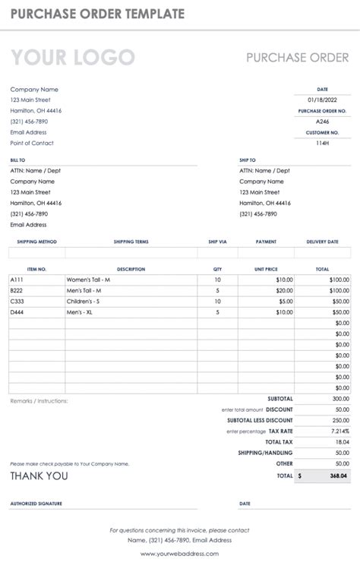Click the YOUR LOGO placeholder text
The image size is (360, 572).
(x=72, y=58)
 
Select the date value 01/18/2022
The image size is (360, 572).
(x=321, y=100)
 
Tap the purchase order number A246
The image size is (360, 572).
(x=322, y=122)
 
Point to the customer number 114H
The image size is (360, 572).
(x=322, y=143)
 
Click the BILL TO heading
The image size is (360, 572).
(x=17, y=160)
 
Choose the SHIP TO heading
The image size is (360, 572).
(x=248, y=160)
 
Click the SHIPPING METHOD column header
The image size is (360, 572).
(x=37, y=242)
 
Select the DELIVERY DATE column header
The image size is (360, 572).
(x=322, y=242)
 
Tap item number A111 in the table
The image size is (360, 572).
(x=17, y=280)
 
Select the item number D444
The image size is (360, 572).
(x=17, y=311)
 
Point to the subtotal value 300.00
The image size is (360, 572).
(x=339, y=398)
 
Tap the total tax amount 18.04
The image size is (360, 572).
(x=342, y=441)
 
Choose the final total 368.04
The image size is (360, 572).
(x=339, y=476)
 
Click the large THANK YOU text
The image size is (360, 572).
(x=39, y=476)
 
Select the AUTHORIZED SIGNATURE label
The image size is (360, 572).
(x=36, y=503)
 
